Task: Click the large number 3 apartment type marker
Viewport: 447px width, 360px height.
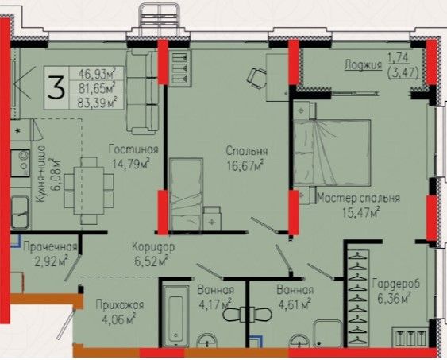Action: coord(56,87)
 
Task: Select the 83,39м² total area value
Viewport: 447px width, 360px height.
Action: coord(97,103)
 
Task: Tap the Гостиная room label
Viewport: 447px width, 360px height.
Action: coord(133,149)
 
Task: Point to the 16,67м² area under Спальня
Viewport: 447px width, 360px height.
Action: coord(245,165)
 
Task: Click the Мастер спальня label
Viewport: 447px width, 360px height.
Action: coord(358,198)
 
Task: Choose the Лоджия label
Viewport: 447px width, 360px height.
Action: coord(363,64)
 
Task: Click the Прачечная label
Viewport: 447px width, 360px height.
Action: coord(50,246)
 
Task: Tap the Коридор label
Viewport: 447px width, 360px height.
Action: coord(153,247)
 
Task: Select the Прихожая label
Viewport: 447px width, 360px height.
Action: coord(120,305)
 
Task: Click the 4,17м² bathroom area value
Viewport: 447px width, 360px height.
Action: coord(214,305)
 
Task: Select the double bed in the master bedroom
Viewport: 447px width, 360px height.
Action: coord(332,153)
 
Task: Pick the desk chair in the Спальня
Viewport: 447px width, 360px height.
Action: coord(257,78)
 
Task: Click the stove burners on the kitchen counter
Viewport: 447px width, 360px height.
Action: coord(20,163)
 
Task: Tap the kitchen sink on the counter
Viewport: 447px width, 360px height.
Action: coord(20,212)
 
